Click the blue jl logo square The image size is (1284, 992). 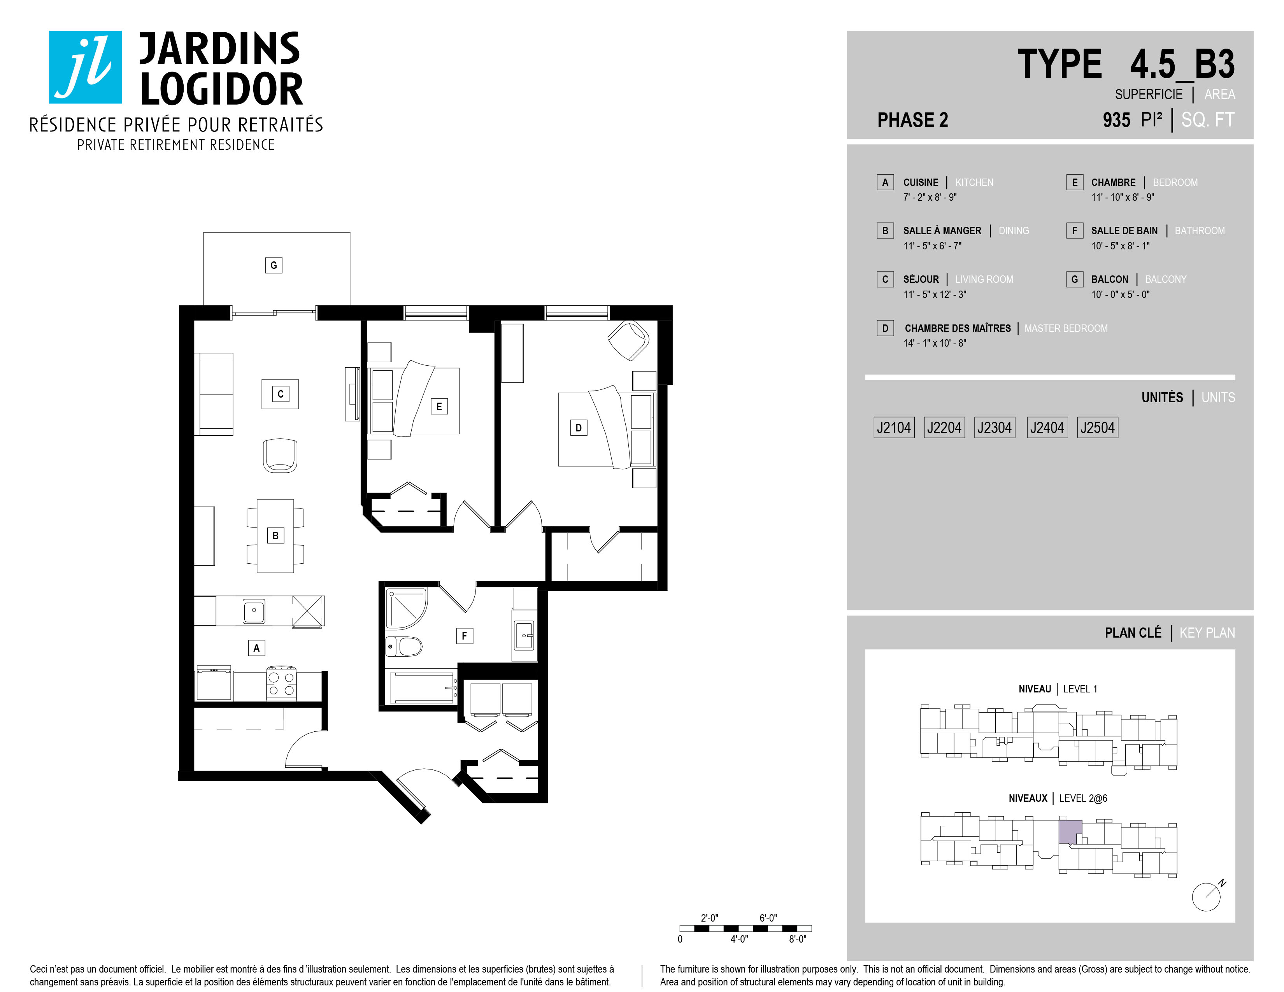pos(85,67)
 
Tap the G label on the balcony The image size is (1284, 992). pos(274,265)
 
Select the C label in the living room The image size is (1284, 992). pos(281,394)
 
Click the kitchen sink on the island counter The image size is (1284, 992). pos(254,611)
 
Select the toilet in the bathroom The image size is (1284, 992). pos(405,647)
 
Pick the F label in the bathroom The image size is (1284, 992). pos(465,635)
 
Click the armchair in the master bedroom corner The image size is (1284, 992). pos(628,340)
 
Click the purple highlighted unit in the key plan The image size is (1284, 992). pos(1070,832)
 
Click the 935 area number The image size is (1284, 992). pos(1116,120)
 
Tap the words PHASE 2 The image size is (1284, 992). pos(912,120)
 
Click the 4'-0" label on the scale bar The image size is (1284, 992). pos(739,939)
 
